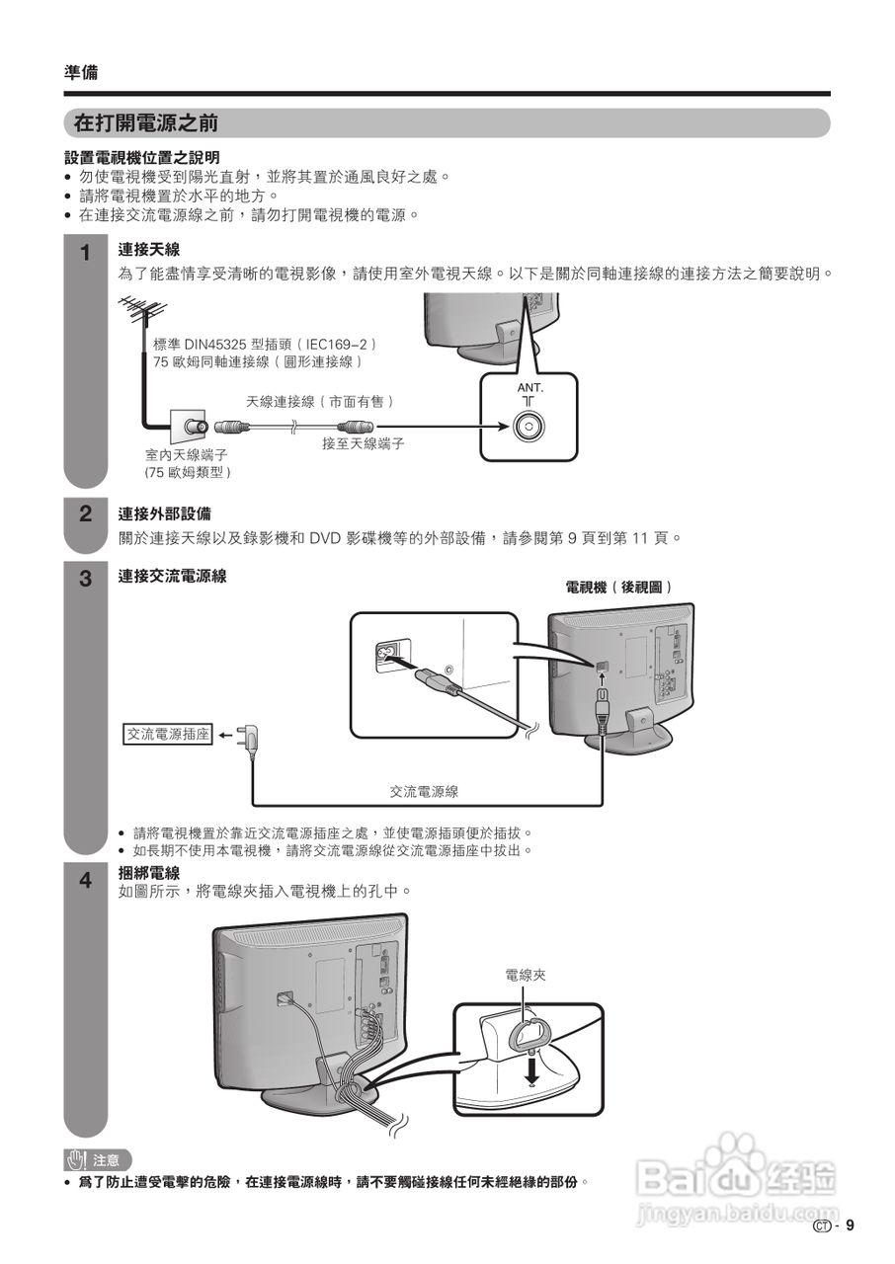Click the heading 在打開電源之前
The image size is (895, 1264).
pyautogui.click(x=146, y=123)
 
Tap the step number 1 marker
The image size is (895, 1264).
pyautogui.click(x=86, y=253)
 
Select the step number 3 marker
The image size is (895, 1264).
pyautogui.click(x=86, y=578)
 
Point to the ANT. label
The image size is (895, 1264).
pyautogui.click(x=530, y=388)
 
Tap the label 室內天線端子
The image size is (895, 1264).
pyautogui.click(x=187, y=455)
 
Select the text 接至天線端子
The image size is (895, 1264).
pyautogui.click(x=364, y=444)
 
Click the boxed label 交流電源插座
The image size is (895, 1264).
pyautogui.click(x=168, y=735)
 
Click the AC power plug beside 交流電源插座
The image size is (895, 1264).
pyautogui.click(x=253, y=737)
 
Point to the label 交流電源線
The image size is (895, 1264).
pyautogui.click(x=424, y=791)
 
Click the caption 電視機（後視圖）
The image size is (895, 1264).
pyautogui.click(x=619, y=588)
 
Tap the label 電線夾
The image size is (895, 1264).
pyautogui.click(x=525, y=976)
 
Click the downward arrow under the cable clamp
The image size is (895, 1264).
pyautogui.click(x=532, y=1068)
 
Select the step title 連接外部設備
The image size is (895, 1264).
pyautogui.click(x=164, y=514)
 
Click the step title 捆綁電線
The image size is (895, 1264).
pyautogui.click(x=149, y=873)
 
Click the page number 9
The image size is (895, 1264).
pyautogui.click(x=849, y=1226)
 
